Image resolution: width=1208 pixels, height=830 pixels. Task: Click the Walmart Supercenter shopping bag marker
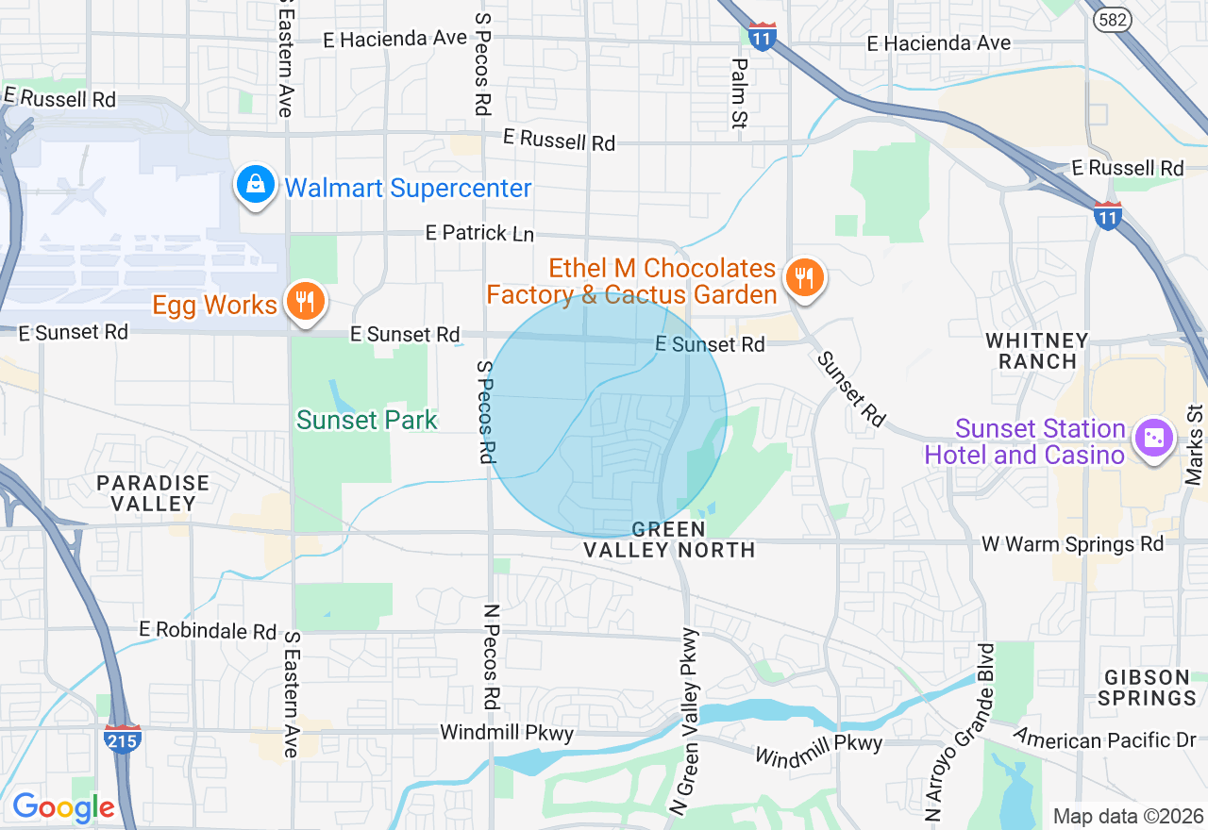(256, 185)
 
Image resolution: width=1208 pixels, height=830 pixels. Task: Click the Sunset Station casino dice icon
(1153, 438)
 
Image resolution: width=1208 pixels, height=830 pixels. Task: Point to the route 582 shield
(1115, 19)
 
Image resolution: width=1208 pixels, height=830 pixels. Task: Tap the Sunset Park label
(367, 420)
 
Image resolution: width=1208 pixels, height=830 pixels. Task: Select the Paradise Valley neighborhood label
(153, 493)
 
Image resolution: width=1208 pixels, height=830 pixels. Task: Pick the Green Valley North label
(668, 539)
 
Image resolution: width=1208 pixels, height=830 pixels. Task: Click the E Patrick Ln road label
(479, 232)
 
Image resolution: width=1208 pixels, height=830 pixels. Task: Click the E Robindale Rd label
(208, 630)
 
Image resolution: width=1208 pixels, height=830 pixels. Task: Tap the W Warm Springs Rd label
(1073, 544)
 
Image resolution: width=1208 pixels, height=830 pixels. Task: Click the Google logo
(63, 807)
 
